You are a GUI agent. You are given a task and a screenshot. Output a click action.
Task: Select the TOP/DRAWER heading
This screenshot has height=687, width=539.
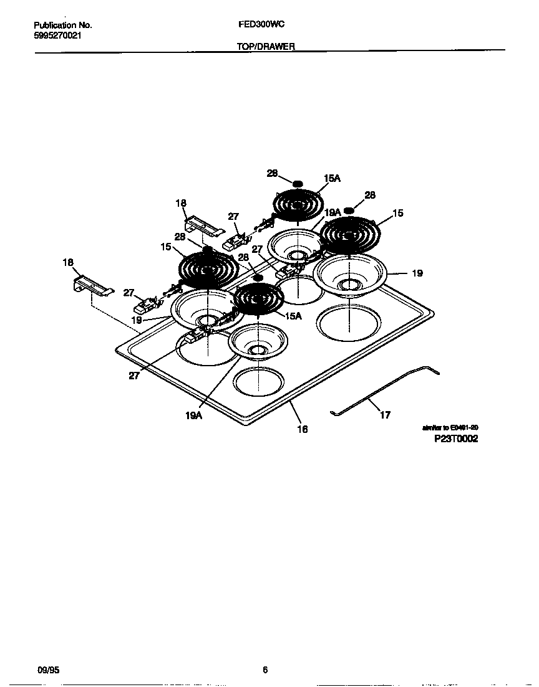pyautogui.click(x=266, y=47)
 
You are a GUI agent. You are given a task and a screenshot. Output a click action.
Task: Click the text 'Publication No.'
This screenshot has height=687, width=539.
pyautogui.click(x=62, y=26)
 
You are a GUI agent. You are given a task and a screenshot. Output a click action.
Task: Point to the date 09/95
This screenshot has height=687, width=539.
pyautogui.click(x=47, y=670)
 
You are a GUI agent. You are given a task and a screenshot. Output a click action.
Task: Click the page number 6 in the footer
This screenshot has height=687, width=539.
pyautogui.click(x=265, y=670)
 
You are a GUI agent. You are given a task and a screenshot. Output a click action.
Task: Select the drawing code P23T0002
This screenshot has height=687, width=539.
pyautogui.click(x=456, y=438)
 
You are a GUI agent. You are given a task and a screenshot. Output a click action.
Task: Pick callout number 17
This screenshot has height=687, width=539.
pyautogui.click(x=386, y=415)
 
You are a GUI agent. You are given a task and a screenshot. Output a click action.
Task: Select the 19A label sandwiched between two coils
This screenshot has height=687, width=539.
pyautogui.click(x=333, y=212)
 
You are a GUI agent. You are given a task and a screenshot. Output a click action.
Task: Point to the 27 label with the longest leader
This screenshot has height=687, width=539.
pyautogui.click(x=134, y=376)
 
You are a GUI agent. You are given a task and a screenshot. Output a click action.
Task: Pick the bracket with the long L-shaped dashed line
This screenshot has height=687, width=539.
pyautogui.click(x=92, y=287)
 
